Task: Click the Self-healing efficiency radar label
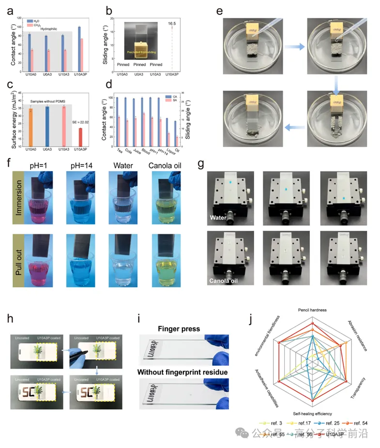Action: tap(313, 414)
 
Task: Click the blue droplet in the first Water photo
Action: tap(231, 181)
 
